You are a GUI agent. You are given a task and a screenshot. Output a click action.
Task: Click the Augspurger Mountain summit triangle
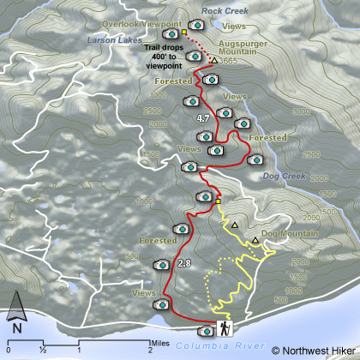213,61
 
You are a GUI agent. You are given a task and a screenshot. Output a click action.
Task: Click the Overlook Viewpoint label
140,23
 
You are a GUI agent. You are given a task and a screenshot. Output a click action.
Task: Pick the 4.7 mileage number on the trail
203,117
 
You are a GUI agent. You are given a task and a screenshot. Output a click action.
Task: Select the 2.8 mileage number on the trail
183,263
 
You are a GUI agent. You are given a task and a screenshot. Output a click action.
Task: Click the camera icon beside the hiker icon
205,331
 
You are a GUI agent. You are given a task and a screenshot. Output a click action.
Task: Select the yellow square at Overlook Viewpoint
184,33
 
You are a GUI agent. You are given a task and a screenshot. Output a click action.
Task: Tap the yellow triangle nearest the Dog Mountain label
255,241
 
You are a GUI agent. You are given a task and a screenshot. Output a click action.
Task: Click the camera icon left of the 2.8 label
159,267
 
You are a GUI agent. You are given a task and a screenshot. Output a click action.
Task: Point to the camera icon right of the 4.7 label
225,112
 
